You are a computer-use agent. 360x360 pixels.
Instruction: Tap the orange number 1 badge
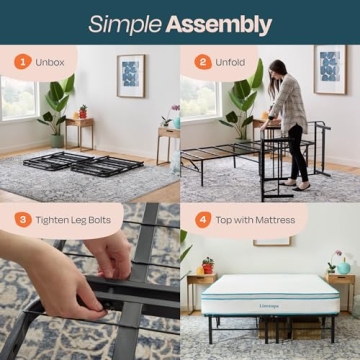[x=22, y=61]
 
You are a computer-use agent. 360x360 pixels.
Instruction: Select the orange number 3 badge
[x=22, y=219]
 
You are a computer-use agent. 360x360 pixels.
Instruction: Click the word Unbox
[x=51, y=61]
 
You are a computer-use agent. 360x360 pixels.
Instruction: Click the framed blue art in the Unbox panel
[x=131, y=75]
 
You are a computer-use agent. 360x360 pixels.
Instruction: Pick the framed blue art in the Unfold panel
[x=329, y=69]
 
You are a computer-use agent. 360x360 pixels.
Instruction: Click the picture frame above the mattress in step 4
[x=272, y=240]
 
